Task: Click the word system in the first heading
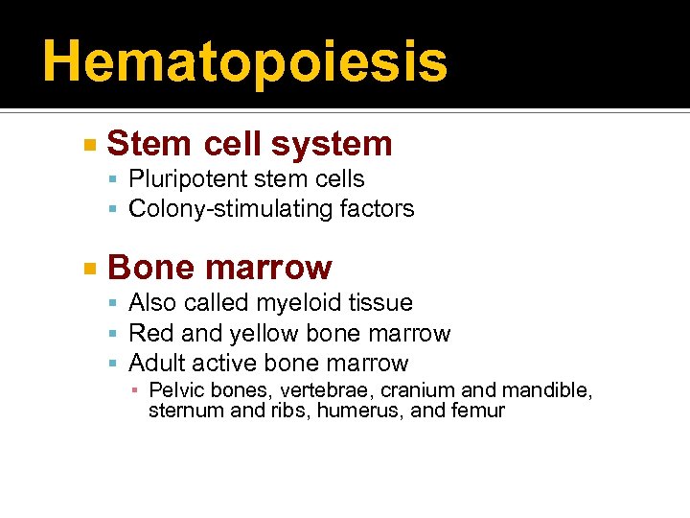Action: (x=332, y=144)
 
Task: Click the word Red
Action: (x=149, y=333)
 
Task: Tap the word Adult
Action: (x=157, y=363)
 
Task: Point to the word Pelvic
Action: (x=173, y=390)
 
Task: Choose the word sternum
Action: (x=179, y=411)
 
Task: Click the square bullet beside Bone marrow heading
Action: (x=89, y=269)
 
